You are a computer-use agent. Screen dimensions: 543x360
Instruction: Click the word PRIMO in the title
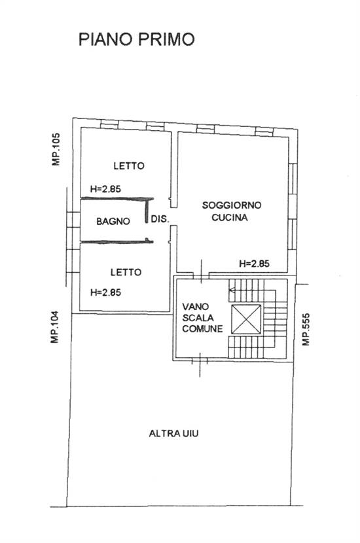(x=166, y=39)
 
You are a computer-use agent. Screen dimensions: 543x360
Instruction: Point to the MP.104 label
(x=57, y=327)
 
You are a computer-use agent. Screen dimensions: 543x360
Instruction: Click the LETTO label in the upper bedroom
(x=127, y=166)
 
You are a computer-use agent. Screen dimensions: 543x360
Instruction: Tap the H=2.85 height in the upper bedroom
(x=106, y=189)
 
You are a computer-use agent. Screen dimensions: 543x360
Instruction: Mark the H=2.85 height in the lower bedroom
(x=106, y=292)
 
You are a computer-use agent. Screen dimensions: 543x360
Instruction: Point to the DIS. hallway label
(x=160, y=220)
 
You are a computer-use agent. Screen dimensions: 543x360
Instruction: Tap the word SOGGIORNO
(x=232, y=205)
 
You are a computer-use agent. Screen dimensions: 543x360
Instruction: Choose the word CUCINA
(x=229, y=219)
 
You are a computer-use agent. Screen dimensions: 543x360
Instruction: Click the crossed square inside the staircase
(x=246, y=321)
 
